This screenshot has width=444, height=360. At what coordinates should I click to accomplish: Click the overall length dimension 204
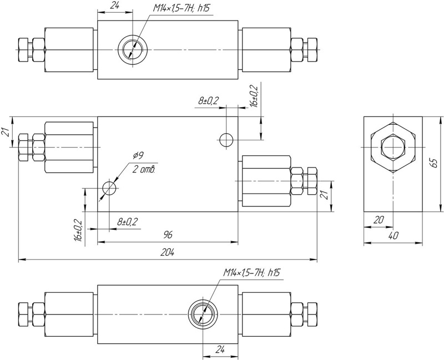click(x=167, y=252)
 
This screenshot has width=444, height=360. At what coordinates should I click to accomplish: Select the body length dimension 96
click(x=168, y=235)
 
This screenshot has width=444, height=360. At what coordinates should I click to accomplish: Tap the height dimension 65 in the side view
click(x=435, y=164)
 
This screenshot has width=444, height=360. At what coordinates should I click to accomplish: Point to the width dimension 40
click(x=393, y=236)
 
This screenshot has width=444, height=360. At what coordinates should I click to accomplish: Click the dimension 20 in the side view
click(x=379, y=220)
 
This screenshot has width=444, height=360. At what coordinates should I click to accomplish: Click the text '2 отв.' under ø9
click(x=144, y=170)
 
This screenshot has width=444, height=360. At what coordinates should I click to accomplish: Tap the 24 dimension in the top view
click(x=114, y=6)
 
